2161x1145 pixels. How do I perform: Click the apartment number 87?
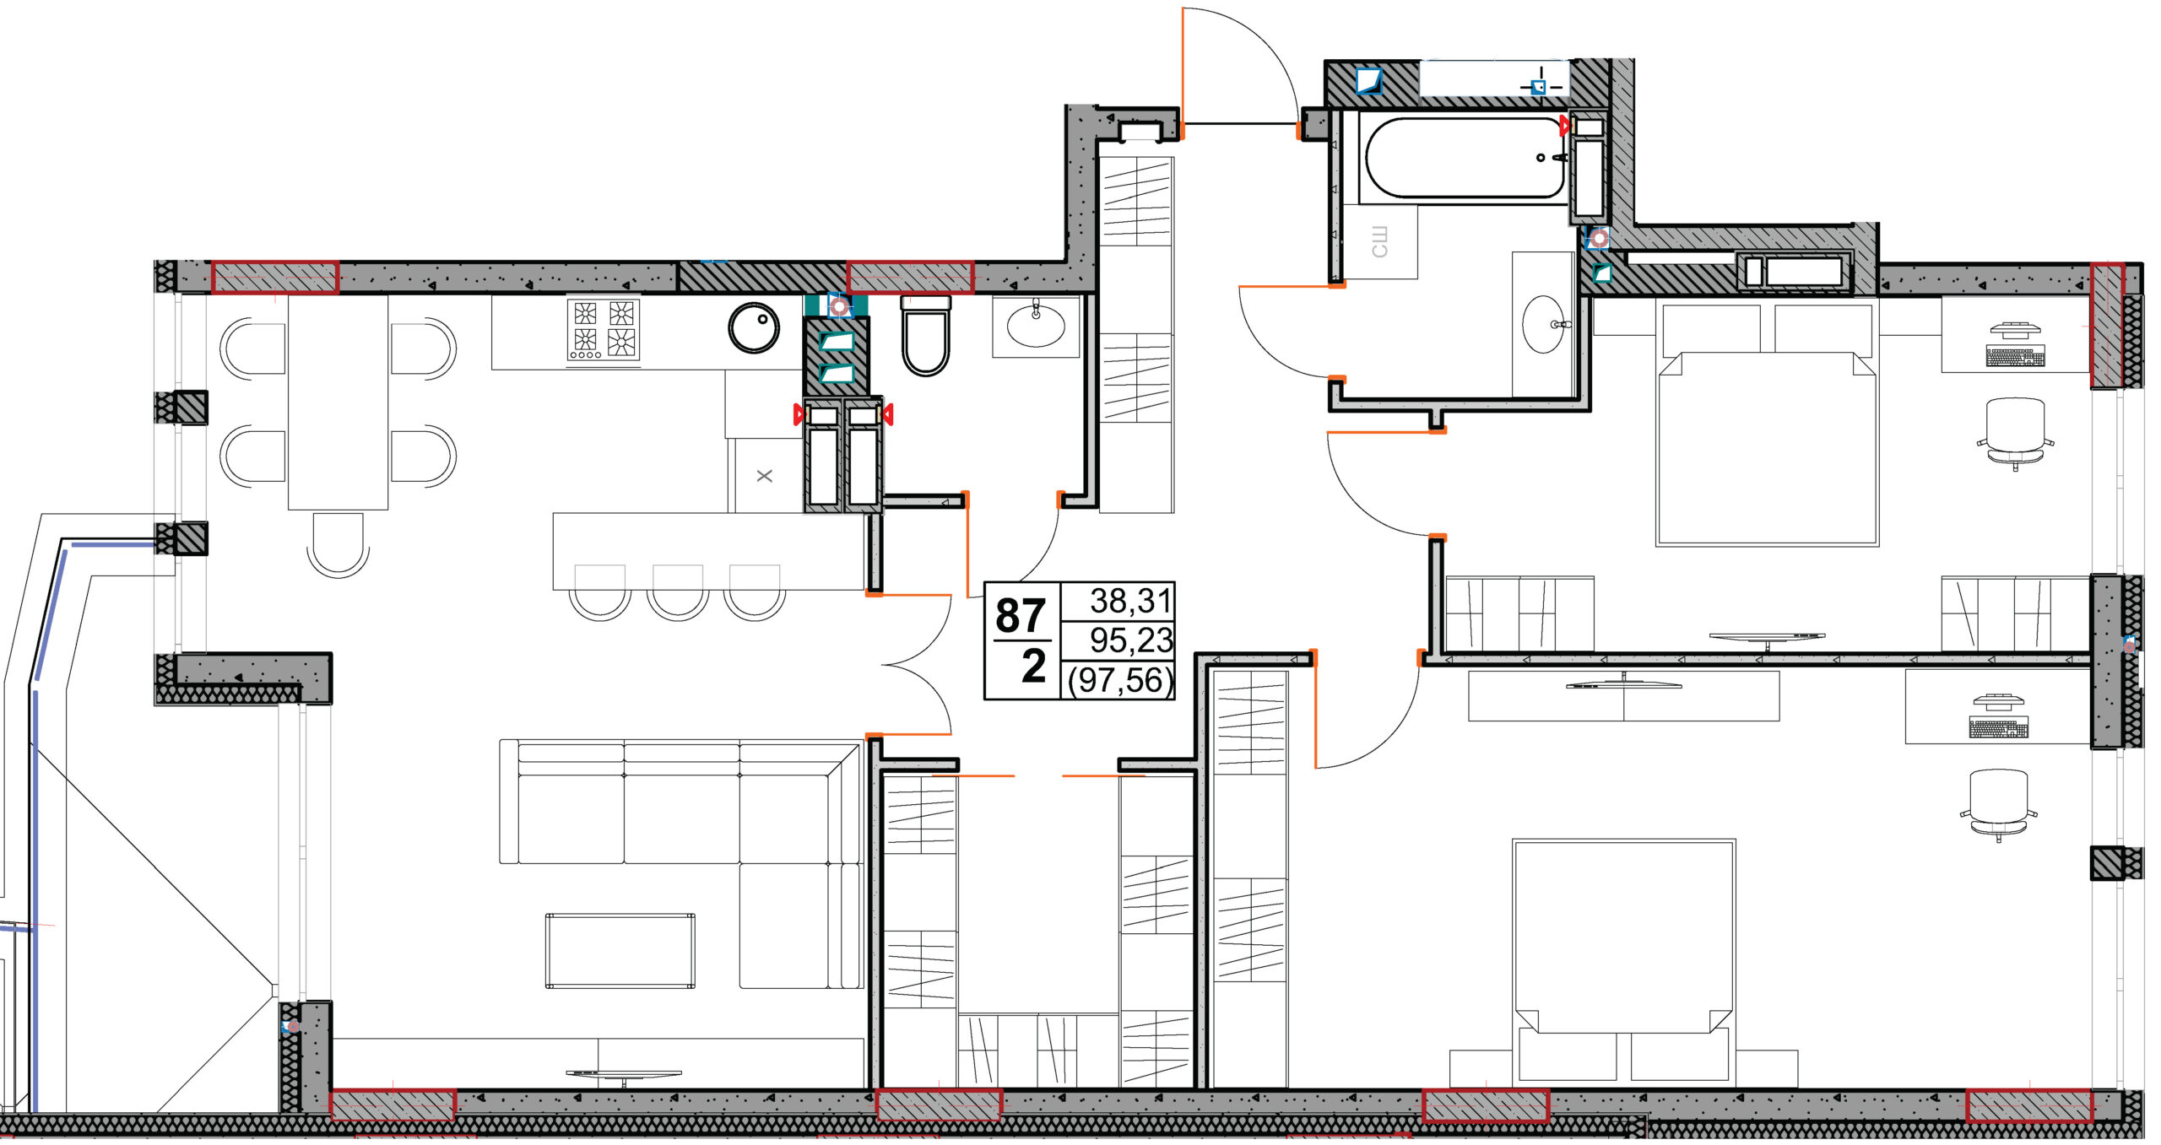(1021, 615)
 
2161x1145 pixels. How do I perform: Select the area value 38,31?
(1130, 601)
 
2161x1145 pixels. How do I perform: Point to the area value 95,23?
(1131, 640)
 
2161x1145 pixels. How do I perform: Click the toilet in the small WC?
(926, 335)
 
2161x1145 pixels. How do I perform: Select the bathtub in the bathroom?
(1465, 158)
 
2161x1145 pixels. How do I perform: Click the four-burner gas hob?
(603, 330)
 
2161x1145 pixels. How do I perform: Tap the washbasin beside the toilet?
(1036, 325)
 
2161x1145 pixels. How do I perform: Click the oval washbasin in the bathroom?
(1544, 323)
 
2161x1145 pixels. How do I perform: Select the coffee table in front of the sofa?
(620, 950)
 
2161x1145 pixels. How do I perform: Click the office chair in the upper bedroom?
(2015, 432)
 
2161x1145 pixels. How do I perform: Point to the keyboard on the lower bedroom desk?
(1998, 727)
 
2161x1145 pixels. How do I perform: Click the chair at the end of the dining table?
(338, 545)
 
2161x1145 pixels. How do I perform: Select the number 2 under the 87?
(1033, 667)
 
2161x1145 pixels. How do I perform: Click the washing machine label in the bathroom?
(1379, 241)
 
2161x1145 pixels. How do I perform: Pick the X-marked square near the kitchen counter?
(765, 476)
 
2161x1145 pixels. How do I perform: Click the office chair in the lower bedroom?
(1998, 804)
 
